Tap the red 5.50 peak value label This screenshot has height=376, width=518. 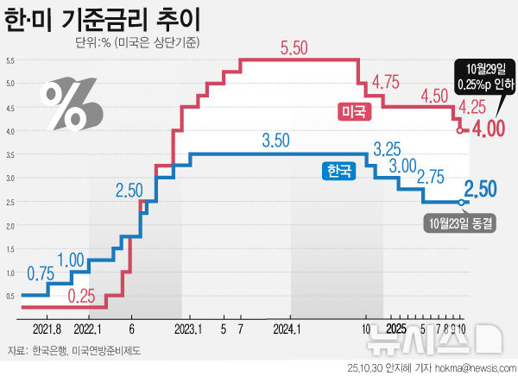coord(294,49)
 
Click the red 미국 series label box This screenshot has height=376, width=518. coord(351,110)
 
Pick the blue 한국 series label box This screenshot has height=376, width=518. coord(338,172)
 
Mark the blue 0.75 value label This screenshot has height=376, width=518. coord(40,273)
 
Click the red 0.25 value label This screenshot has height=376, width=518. coord(80,296)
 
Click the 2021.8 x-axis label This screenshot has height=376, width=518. coord(46,329)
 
